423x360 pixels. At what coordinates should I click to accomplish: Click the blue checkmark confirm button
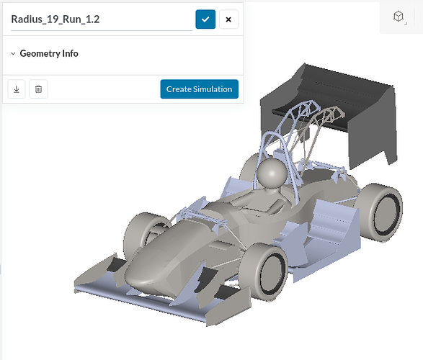tap(205, 19)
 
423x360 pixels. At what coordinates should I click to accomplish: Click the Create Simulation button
tap(199, 89)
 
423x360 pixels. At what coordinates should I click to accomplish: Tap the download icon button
tap(17, 89)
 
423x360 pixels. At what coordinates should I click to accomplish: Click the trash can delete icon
tap(38, 89)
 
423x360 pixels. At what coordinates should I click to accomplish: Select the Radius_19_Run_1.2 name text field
tap(101, 19)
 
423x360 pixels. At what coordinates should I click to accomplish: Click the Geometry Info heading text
tap(49, 53)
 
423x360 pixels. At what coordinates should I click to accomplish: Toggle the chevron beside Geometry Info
tap(13, 53)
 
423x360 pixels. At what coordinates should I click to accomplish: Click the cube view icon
tap(398, 17)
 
